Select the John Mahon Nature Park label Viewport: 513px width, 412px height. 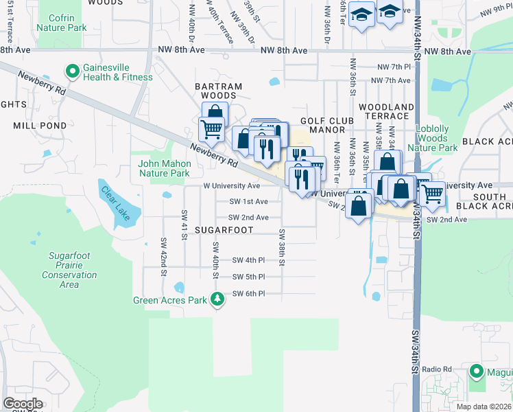click(164, 169)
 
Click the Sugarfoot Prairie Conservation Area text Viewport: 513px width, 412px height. click(73, 270)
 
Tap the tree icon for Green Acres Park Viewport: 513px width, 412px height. click(217, 299)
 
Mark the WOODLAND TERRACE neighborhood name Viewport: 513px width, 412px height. click(386, 112)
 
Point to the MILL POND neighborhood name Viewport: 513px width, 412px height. click(40, 126)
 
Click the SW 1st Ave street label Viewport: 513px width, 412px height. click(249, 202)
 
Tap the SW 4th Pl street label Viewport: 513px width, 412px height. click(248, 260)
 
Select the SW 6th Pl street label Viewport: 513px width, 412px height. click(248, 294)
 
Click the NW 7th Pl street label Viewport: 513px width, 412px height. click(394, 67)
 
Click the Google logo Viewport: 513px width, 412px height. click(23, 403)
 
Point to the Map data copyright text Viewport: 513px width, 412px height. click(484, 407)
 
